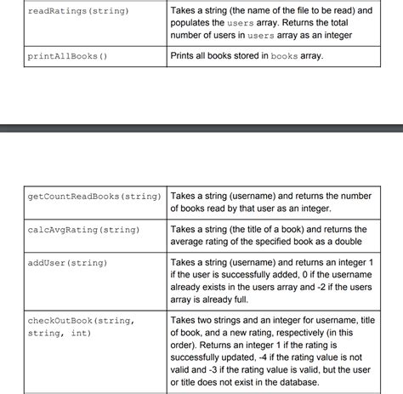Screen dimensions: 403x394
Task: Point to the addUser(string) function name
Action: tap(68, 263)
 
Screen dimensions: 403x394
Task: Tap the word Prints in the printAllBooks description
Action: tap(186, 56)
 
